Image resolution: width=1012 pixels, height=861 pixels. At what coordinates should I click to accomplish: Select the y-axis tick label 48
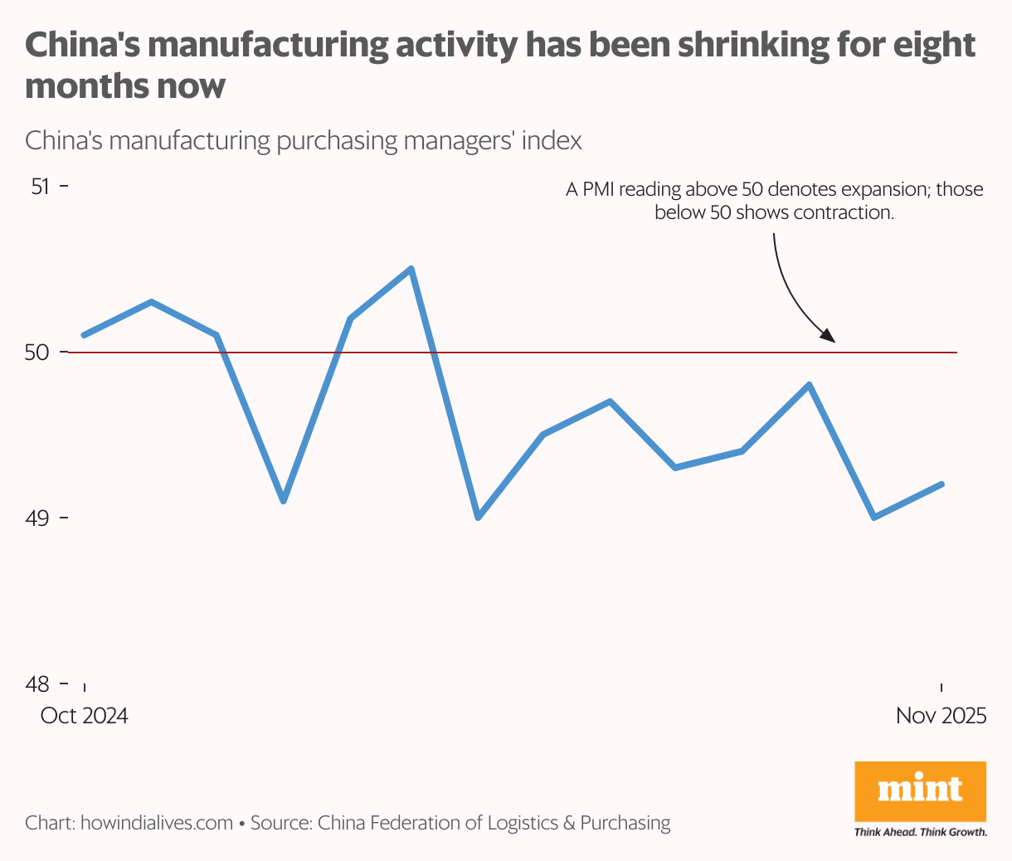[x=37, y=684]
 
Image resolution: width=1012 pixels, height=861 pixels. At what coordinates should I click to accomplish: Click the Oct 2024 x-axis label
[x=85, y=716]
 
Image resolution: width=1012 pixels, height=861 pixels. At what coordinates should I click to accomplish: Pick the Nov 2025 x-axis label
[x=941, y=716]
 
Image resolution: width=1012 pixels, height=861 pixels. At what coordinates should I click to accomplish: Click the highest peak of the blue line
[x=411, y=269]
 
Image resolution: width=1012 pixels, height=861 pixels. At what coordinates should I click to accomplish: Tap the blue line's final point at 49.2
[x=941, y=484]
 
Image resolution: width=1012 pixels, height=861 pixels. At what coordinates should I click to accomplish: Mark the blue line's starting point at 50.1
[x=85, y=335]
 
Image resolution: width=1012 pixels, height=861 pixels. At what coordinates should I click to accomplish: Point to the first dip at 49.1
[x=284, y=501]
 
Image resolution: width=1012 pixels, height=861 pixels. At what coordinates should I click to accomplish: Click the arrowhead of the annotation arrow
[x=829, y=337]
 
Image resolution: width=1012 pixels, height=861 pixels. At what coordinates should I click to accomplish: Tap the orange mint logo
[x=920, y=790]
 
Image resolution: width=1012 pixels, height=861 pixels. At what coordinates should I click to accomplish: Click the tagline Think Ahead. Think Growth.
[x=920, y=832]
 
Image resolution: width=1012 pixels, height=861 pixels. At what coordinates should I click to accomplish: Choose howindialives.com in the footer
[x=157, y=823]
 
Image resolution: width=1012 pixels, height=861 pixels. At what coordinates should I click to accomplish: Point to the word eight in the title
[x=934, y=46]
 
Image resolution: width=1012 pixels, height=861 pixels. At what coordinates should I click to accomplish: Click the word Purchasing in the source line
[x=625, y=823]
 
